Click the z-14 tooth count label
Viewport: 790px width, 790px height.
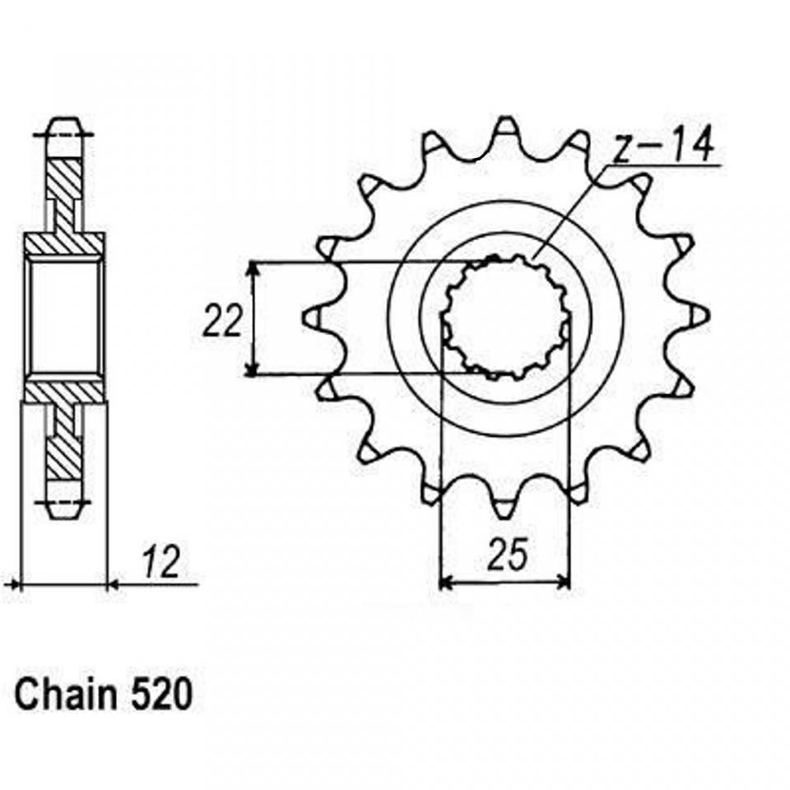(665, 145)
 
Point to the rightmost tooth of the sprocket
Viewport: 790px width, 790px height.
(697, 316)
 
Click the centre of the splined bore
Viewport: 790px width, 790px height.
(506, 318)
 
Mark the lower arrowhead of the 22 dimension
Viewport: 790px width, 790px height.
(253, 366)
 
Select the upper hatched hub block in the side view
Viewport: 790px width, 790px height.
(65, 244)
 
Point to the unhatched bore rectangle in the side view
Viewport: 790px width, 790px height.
(64, 315)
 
